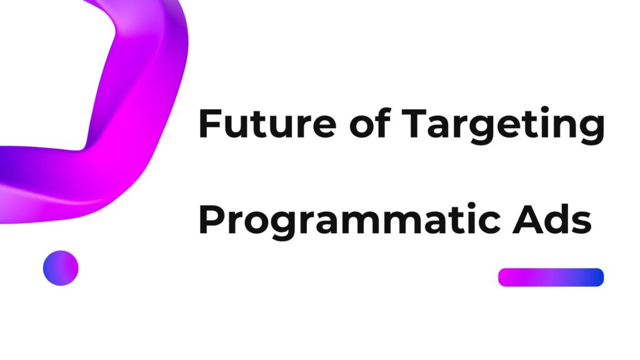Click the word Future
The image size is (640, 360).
(267, 123)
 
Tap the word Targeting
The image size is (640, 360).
(503, 126)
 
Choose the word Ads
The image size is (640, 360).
(552, 219)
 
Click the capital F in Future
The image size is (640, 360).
(210, 124)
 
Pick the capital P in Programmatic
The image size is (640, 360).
(212, 219)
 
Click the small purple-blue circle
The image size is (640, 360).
(61, 268)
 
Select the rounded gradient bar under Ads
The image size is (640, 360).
(551, 277)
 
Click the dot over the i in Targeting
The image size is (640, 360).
(545, 109)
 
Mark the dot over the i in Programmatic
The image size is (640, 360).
(471, 205)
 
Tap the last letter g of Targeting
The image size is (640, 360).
(592, 130)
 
